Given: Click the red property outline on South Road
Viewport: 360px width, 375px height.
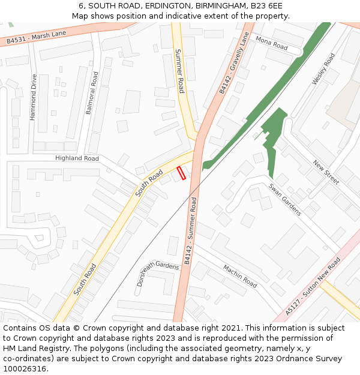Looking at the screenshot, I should click(x=180, y=173).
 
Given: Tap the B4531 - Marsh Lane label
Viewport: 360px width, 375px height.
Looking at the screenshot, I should click(x=37, y=37).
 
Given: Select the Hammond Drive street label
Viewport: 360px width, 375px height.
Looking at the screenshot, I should click(x=34, y=97).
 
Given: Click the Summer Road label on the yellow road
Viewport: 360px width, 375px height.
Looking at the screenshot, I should click(x=180, y=71).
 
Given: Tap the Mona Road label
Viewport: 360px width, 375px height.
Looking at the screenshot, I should click(x=272, y=43).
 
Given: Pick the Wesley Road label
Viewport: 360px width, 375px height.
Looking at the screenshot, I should click(x=323, y=69).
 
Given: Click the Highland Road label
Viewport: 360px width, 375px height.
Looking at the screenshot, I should click(x=77, y=158).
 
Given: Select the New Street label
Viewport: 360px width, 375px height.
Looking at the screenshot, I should click(x=326, y=172).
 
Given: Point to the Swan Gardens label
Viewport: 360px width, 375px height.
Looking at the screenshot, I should click(x=284, y=200).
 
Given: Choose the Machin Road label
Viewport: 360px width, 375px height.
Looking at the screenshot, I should click(x=240, y=275).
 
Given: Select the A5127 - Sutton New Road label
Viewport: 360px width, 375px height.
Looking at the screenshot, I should click(x=313, y=286).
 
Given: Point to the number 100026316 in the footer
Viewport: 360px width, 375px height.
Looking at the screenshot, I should click(x=24, y=368).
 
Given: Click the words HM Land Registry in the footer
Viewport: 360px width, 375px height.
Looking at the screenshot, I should click(x=32, y=348).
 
